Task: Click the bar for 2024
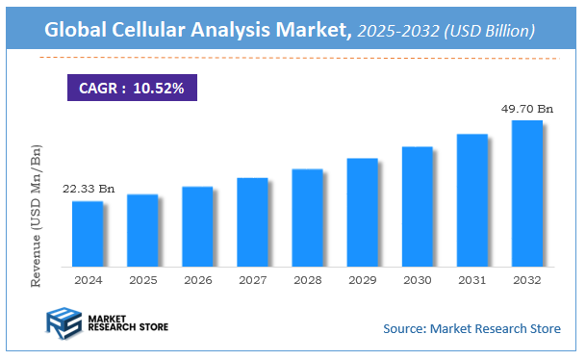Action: point(88,233)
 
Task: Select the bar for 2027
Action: point(252,221)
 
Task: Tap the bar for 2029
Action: point(362,212)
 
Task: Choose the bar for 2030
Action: point(417,206)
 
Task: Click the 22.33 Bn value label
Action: point(89,189)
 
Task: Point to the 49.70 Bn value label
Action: point(527,108)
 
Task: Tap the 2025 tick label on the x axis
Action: point(142,279)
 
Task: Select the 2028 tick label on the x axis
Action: point(307,279)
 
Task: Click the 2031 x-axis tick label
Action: point(471,279)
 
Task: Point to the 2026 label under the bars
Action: point(197,279)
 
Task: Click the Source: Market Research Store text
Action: point(471,329)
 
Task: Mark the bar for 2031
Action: point(471,199)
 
